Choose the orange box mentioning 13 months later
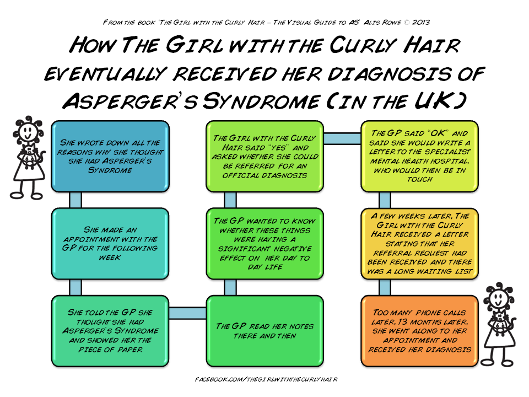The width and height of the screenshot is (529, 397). pyautogui.click(x=420, y=331)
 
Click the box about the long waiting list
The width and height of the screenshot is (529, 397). pyautogui.click(x=420, y=243)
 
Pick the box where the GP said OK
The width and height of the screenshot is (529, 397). pyautogui.click(x=420, y=156)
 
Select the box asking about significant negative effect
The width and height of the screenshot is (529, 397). pyautogui.click(x=264, y=243)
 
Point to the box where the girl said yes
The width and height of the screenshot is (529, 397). pyautogui.click(x=264, y=156)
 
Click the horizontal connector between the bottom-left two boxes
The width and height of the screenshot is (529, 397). pyautogui.click(x=187, y=313)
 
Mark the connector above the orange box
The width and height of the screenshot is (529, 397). pyautogui.click(x=385, y=287)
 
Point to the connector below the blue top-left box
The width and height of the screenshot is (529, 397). pyautogui.click(x=75, y=200)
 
